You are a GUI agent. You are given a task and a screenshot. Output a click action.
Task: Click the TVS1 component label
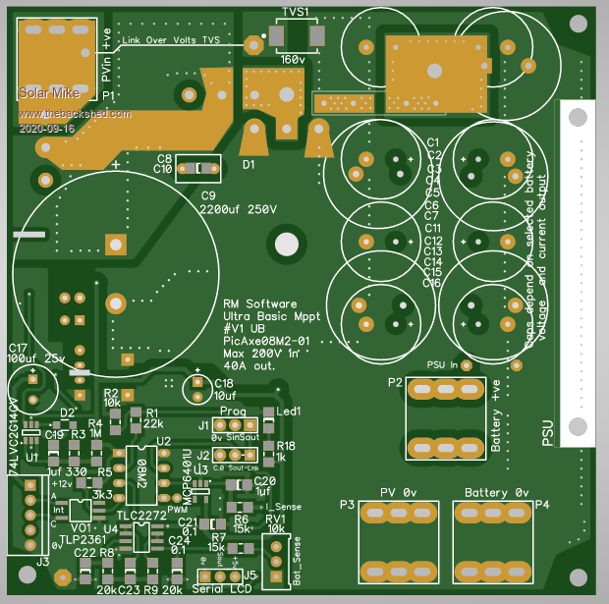point(296,12)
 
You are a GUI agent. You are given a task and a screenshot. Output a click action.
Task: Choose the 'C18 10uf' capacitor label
point(224,389)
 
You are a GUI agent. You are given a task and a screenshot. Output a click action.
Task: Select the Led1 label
point(289,411)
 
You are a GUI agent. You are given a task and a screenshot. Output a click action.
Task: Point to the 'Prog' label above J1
point(233,411)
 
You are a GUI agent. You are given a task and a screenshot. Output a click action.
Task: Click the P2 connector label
point(394,382)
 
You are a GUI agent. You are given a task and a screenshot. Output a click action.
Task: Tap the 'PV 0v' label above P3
point(398,491)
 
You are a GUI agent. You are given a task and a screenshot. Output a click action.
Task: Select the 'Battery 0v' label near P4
point(497,491)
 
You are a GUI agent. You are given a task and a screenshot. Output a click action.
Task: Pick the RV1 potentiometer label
point(274,518)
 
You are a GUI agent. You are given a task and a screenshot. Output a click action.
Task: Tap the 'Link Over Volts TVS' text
point(171,40)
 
